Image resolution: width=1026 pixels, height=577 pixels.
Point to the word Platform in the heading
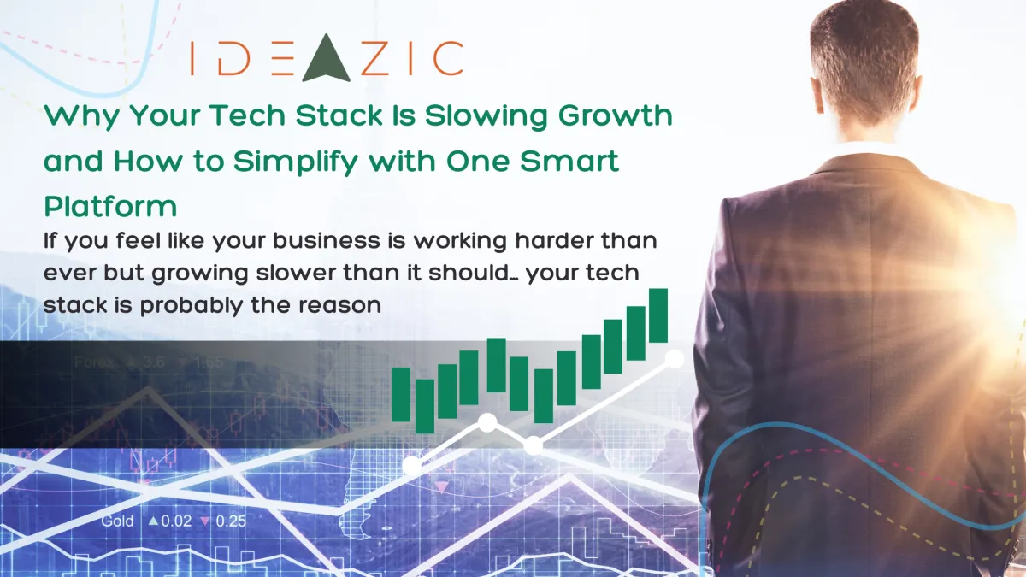[111, 207]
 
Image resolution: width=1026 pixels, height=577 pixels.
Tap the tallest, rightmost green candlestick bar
[657, 315]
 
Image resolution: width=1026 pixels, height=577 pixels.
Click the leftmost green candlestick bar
[401, 394]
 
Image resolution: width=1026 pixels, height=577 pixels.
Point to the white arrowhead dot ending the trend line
[675, 359]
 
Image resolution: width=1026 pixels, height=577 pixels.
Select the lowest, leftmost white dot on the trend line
[412, 465]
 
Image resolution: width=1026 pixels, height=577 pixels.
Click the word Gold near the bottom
[117, 521]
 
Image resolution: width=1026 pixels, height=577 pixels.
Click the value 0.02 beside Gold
[178, 521]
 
